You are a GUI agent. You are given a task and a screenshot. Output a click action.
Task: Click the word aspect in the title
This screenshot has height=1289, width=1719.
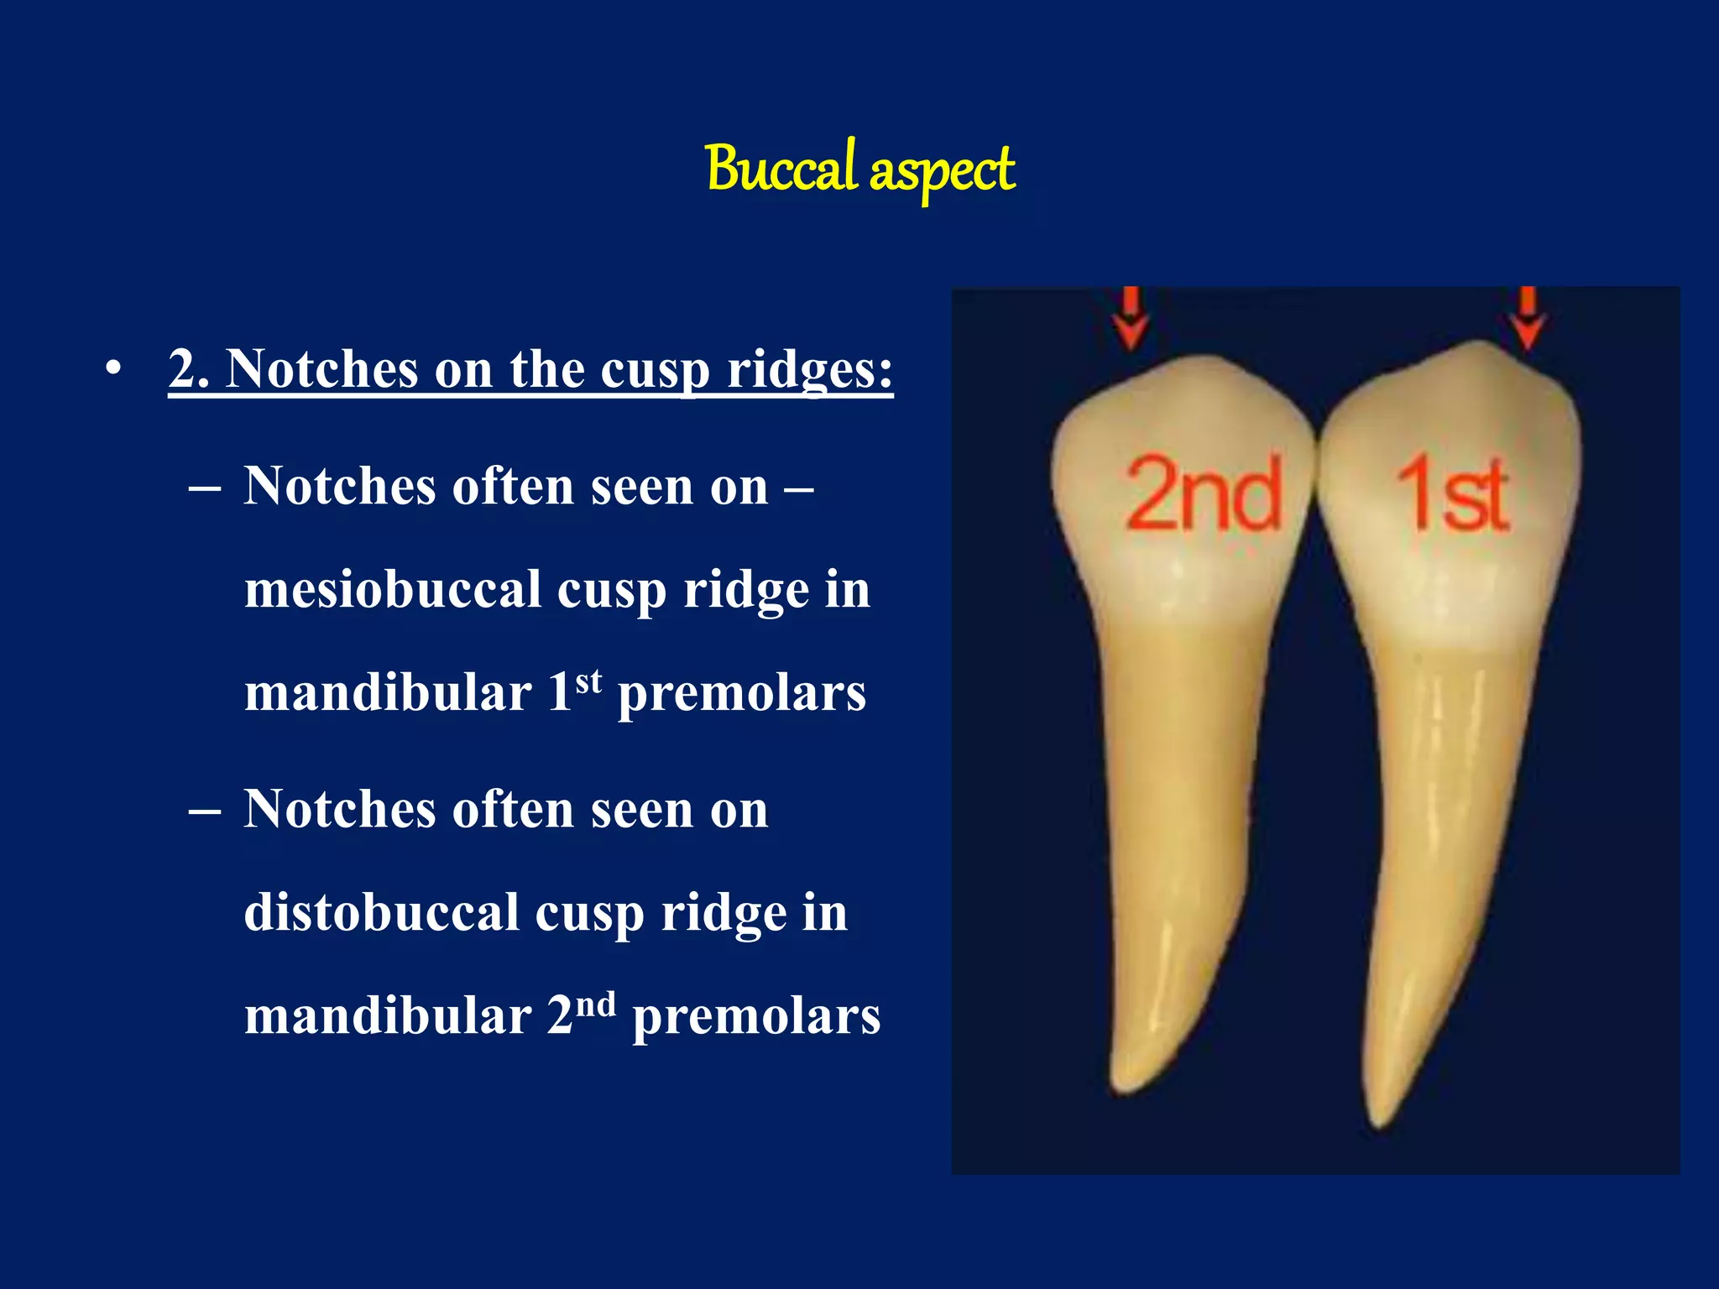tap(942, 171)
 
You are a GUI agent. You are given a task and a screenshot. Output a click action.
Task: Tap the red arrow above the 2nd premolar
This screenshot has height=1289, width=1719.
tap(1131, 318)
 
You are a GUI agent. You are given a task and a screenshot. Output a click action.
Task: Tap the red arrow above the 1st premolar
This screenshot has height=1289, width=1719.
tap(1528, 318)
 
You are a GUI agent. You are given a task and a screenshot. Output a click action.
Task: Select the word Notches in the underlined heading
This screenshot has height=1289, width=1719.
tap(321, 368)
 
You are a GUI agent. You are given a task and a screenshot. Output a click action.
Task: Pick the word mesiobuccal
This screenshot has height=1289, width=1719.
tap(392, 589)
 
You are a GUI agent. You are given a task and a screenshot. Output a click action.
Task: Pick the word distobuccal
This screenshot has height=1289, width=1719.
tap(382, 912)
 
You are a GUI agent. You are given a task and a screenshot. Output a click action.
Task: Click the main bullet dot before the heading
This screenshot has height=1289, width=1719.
tap(114, 368)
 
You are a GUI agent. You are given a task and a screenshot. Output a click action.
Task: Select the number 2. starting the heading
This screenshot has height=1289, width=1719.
tap(189, 368)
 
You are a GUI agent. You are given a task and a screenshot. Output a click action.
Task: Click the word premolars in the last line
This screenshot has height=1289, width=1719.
tap(755, 1016)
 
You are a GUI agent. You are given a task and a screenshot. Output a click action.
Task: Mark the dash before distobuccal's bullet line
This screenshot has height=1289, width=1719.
tap(205, 811)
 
